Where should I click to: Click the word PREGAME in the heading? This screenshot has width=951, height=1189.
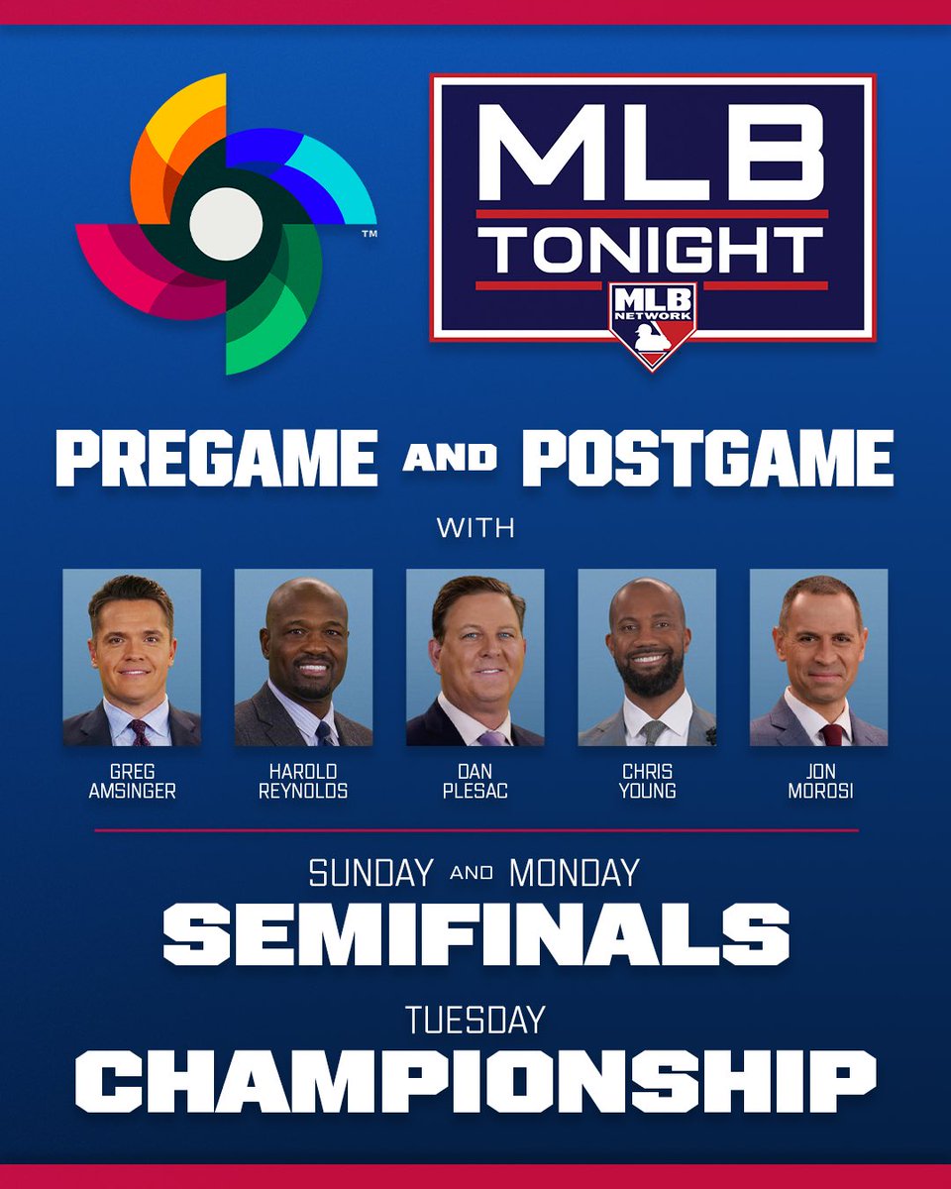click(216, 459)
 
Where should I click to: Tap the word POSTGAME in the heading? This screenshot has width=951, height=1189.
click(707, 459)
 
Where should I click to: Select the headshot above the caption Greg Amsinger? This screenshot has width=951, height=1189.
click(132, 658)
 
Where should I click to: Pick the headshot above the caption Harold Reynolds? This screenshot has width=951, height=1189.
click(303, 658)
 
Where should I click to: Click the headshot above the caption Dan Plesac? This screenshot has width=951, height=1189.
click(475, 658)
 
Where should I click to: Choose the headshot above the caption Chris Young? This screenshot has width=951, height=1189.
click(647, 658)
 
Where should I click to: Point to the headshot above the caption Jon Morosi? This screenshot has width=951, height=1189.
click(818, 658)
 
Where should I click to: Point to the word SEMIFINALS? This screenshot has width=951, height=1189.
click(475, 934)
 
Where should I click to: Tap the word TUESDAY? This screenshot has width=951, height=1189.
click(475, 1020)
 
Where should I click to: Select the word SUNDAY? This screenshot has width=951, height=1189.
click(370, 873)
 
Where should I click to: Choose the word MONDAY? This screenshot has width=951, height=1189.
click(574, 873)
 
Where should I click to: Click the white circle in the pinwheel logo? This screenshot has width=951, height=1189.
click(226, 224)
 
